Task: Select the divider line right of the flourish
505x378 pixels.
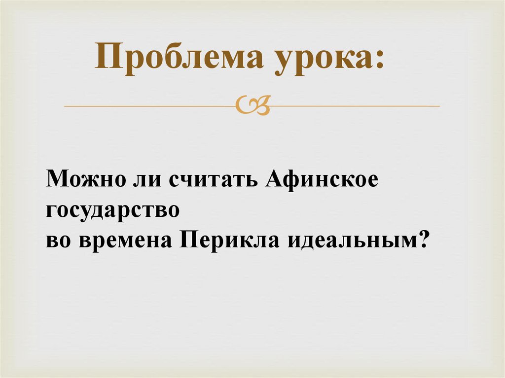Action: [355, 106]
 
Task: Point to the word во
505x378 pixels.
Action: [58, 241]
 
